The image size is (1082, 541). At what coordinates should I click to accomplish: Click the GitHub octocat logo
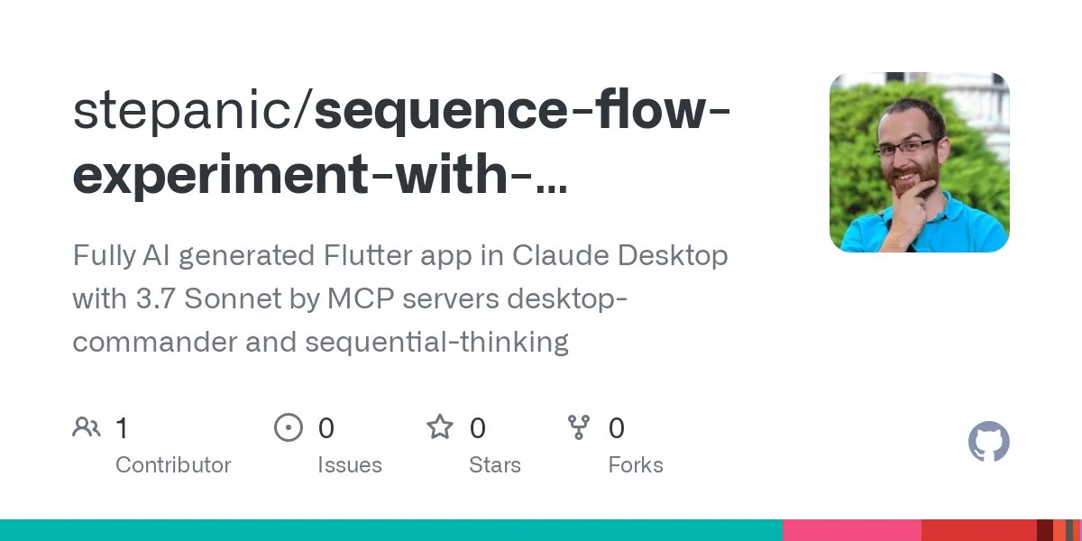click(x=988, y=443)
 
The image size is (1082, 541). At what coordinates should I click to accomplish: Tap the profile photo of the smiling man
click(x=919, y=162)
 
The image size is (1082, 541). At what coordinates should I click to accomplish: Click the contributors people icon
click(x=87, y=427)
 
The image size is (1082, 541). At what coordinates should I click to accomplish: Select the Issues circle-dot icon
click(x=288, y=427)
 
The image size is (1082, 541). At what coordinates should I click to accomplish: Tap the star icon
click(x=440, y=427)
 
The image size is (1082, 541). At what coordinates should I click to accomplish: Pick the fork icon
click(x=578, y=427)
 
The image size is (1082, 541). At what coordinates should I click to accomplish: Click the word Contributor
click(x=173, y=465)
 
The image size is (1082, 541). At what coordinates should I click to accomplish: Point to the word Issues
click(x=349, y=465)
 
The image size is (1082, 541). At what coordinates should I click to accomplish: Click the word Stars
click(x=494, y=465)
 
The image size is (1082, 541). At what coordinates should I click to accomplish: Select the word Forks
click(x=636, y=465)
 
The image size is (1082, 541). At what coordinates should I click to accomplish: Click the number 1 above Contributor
click(x=122, y=428)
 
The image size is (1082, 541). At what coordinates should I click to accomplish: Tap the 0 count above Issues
click(x=326, y=428)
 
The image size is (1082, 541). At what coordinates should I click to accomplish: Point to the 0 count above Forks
click(x=617, y=428)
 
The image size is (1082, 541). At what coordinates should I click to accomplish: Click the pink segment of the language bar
click(x=851, y=530)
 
